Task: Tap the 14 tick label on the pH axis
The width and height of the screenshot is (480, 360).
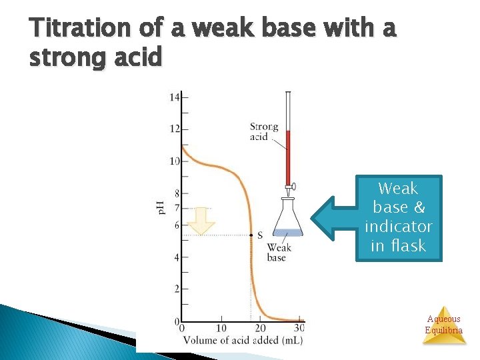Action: tap(175, 97)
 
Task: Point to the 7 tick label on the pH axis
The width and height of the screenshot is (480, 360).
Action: tap(177, 208)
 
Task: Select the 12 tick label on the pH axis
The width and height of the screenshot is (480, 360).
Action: tap(175, 129)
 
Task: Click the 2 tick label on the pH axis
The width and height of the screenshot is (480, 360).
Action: tap(177, 289)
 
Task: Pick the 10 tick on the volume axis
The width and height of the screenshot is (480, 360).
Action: tap(221, 328)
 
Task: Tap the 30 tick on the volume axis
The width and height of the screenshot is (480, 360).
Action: tap(299, 328)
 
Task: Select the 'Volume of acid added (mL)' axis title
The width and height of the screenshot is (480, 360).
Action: tap(243, 340)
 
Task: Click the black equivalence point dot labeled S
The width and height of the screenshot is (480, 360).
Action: tap(251, 235)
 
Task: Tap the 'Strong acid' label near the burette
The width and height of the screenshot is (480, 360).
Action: tap(263, 132)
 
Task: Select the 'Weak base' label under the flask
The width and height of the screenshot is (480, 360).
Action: tap(277, 253)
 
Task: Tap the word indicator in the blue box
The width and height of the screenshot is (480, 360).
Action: tap(399, 227)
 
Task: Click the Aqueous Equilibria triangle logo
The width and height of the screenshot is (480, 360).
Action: tap(444, 325)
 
